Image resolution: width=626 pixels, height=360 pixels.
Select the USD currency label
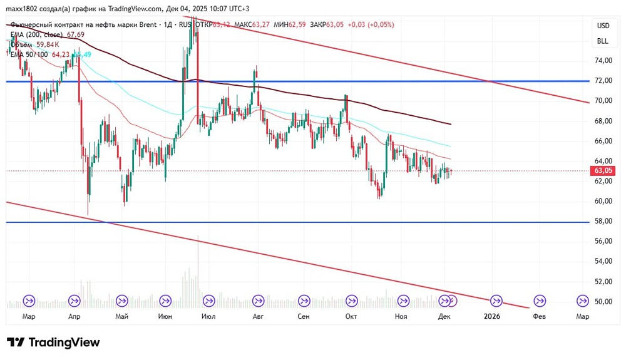tap(603, 26)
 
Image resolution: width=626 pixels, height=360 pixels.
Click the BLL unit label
tap(603, 41)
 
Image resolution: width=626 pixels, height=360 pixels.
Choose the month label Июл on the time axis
tap(209, 317)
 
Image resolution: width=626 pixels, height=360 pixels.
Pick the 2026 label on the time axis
tap(493, 317)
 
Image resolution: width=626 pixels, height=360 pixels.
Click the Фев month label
tap(539, 317)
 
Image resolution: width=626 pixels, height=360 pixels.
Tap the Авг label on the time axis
tap(257, 317)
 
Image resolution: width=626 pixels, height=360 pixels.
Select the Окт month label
tap(351, 317)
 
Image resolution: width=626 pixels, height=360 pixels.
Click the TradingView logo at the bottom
tap(53, 342)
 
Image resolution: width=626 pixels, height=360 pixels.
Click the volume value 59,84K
tap(48, 44)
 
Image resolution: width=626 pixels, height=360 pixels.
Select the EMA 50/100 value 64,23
tap(61, 54)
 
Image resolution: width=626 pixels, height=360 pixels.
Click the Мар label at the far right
tap(582, 317)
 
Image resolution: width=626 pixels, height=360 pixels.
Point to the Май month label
tap(121, 317)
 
